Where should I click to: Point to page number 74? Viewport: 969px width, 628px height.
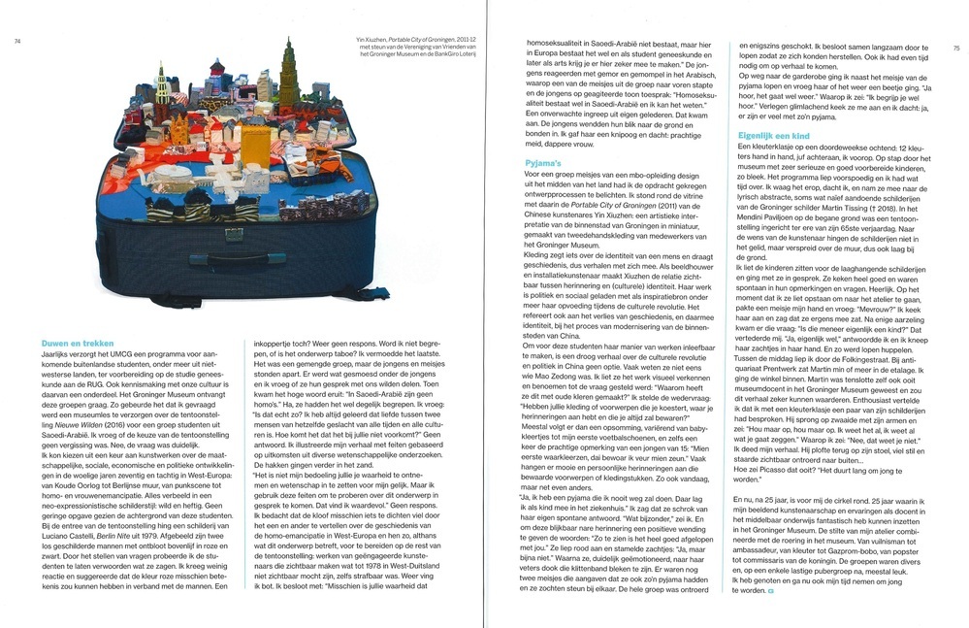coord(16,41)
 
